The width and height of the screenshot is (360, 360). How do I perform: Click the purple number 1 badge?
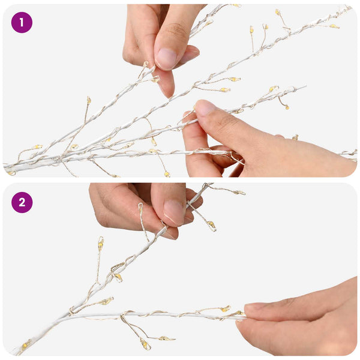click(x=22, y=23)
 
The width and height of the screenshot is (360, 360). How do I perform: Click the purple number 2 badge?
click(x=22, y=203)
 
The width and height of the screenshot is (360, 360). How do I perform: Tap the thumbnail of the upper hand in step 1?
click(x=167, y=59)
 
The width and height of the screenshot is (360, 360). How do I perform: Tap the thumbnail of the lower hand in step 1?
click(x=205, y=107)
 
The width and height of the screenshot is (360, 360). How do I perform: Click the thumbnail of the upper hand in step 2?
click(x=173, y=212)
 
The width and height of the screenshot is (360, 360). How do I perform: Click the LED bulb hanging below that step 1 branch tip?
click(x=287, y=107)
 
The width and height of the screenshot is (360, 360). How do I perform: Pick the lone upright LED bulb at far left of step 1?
click(x=89, y=100)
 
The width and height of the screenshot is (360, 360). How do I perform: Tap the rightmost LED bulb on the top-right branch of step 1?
click(x=335, y=26)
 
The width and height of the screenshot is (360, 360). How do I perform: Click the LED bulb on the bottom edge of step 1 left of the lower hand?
click(x=167, y=174)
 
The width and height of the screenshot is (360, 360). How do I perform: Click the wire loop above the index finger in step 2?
click(x=140, y=208)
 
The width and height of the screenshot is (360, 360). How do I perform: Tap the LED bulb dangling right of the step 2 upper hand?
click(x=211, y=225)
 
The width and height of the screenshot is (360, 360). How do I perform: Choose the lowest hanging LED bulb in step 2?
click(x=145, y=344)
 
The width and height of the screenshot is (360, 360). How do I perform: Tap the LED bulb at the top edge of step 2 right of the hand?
click(x=239, y=193)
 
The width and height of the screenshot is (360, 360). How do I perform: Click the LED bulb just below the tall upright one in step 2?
click(x=118, y=277)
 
